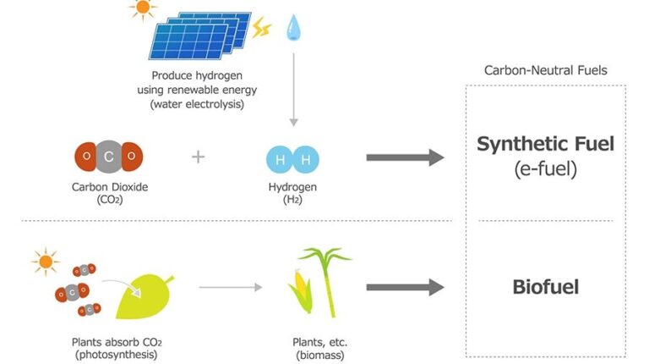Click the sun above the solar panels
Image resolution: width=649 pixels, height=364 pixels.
[x=143, y=8]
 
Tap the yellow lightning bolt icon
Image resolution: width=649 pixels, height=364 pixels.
[x=262, y=28]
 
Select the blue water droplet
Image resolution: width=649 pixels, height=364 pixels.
[x=293, y=28]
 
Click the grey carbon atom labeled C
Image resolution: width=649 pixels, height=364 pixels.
[x=109, y=157]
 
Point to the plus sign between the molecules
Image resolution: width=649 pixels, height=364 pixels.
[x=199, y=157]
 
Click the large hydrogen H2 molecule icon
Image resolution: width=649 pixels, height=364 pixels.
[x=292, y=159]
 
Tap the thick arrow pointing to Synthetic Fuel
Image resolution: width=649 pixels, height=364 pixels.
[x=406, y=157]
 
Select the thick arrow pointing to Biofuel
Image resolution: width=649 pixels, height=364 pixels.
[x=406, y=287]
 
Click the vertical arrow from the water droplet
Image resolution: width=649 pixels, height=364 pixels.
[x=293, y=89]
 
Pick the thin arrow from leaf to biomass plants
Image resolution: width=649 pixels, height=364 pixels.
[x=231, y=287]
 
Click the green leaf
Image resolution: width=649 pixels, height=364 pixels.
[x=144, y=296]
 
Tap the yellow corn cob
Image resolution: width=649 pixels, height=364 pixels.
[x=302, y=290]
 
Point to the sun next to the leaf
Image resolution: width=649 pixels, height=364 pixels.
[x=46, y=262]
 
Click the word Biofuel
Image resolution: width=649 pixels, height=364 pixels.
[x=546, y=287]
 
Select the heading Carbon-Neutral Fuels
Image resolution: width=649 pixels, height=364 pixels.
[x=546, y=70]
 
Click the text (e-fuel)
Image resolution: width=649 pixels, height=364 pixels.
[x=546, y=168]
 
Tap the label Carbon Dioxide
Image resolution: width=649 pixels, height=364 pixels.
[x=110, y=187]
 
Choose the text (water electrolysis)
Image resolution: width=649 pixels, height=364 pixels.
[x=197, y=104]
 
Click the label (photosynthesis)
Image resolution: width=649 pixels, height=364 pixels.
[x=117, y=355]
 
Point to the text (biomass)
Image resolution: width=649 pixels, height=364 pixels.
[x=320, y=356]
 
